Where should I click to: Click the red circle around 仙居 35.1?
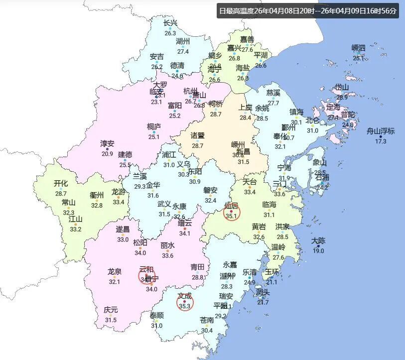click(x=231, y=213)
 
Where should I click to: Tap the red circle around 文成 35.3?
click(x=185, y=302)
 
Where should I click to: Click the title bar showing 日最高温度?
click(x=308, y=10)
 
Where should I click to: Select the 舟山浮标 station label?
click(x=381, y=131)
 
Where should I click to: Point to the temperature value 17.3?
click(x=381, y=141)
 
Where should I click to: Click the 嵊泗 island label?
click(x=359, y=48)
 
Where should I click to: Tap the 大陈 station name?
click(x=318, y=240)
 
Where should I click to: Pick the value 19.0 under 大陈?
click(x=318, y=251)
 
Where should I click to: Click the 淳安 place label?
click(x=108, y=143)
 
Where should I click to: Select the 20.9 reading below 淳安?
click(x=108, y=154)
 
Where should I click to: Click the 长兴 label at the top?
click(x=170, y=23)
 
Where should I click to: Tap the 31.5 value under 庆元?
click(x=111, y=320)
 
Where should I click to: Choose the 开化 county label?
click(x=61, y=183)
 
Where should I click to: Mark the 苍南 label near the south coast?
click(x=207, y=320)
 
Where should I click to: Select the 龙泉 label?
click(x=115, y=271)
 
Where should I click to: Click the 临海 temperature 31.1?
click(x=269, y=215)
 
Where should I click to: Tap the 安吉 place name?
click(x=157, y=56)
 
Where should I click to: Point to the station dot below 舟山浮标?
click(x=381, y=136)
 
